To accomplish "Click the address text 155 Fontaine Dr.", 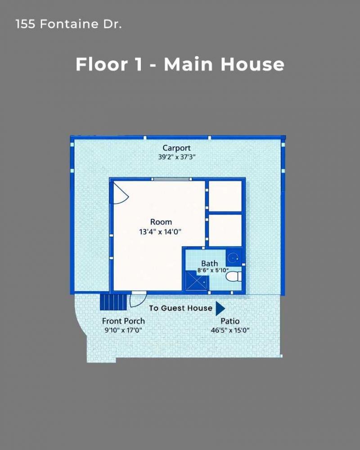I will [68, 24].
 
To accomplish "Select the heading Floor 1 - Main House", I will [180, 64].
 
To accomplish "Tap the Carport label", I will [176, 148].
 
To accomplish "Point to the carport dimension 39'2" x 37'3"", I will [176, 157].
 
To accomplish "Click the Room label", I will [161, 222].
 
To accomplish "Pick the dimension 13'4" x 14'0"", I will [161, 232].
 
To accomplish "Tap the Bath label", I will [209, 263].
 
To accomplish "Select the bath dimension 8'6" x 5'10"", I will [209, 271].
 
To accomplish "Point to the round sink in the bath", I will [233, 258].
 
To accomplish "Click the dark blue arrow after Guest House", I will [220, 308].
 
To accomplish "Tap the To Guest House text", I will [180, 308].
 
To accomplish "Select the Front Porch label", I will [123, 321].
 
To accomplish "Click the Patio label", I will [229, 321].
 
